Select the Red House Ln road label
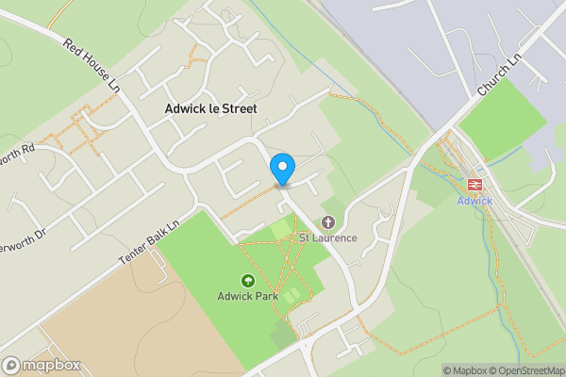tap(93, 65)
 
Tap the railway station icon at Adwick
tap(474, 185)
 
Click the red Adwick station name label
tap(474, 202)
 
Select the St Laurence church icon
tap(327, 222)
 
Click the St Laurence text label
tap(328, 238)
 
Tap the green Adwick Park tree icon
tap(248, 280)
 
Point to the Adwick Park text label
tap(247, 295)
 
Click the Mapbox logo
tap(42, 366)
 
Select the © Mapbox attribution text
tap(468, 370)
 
